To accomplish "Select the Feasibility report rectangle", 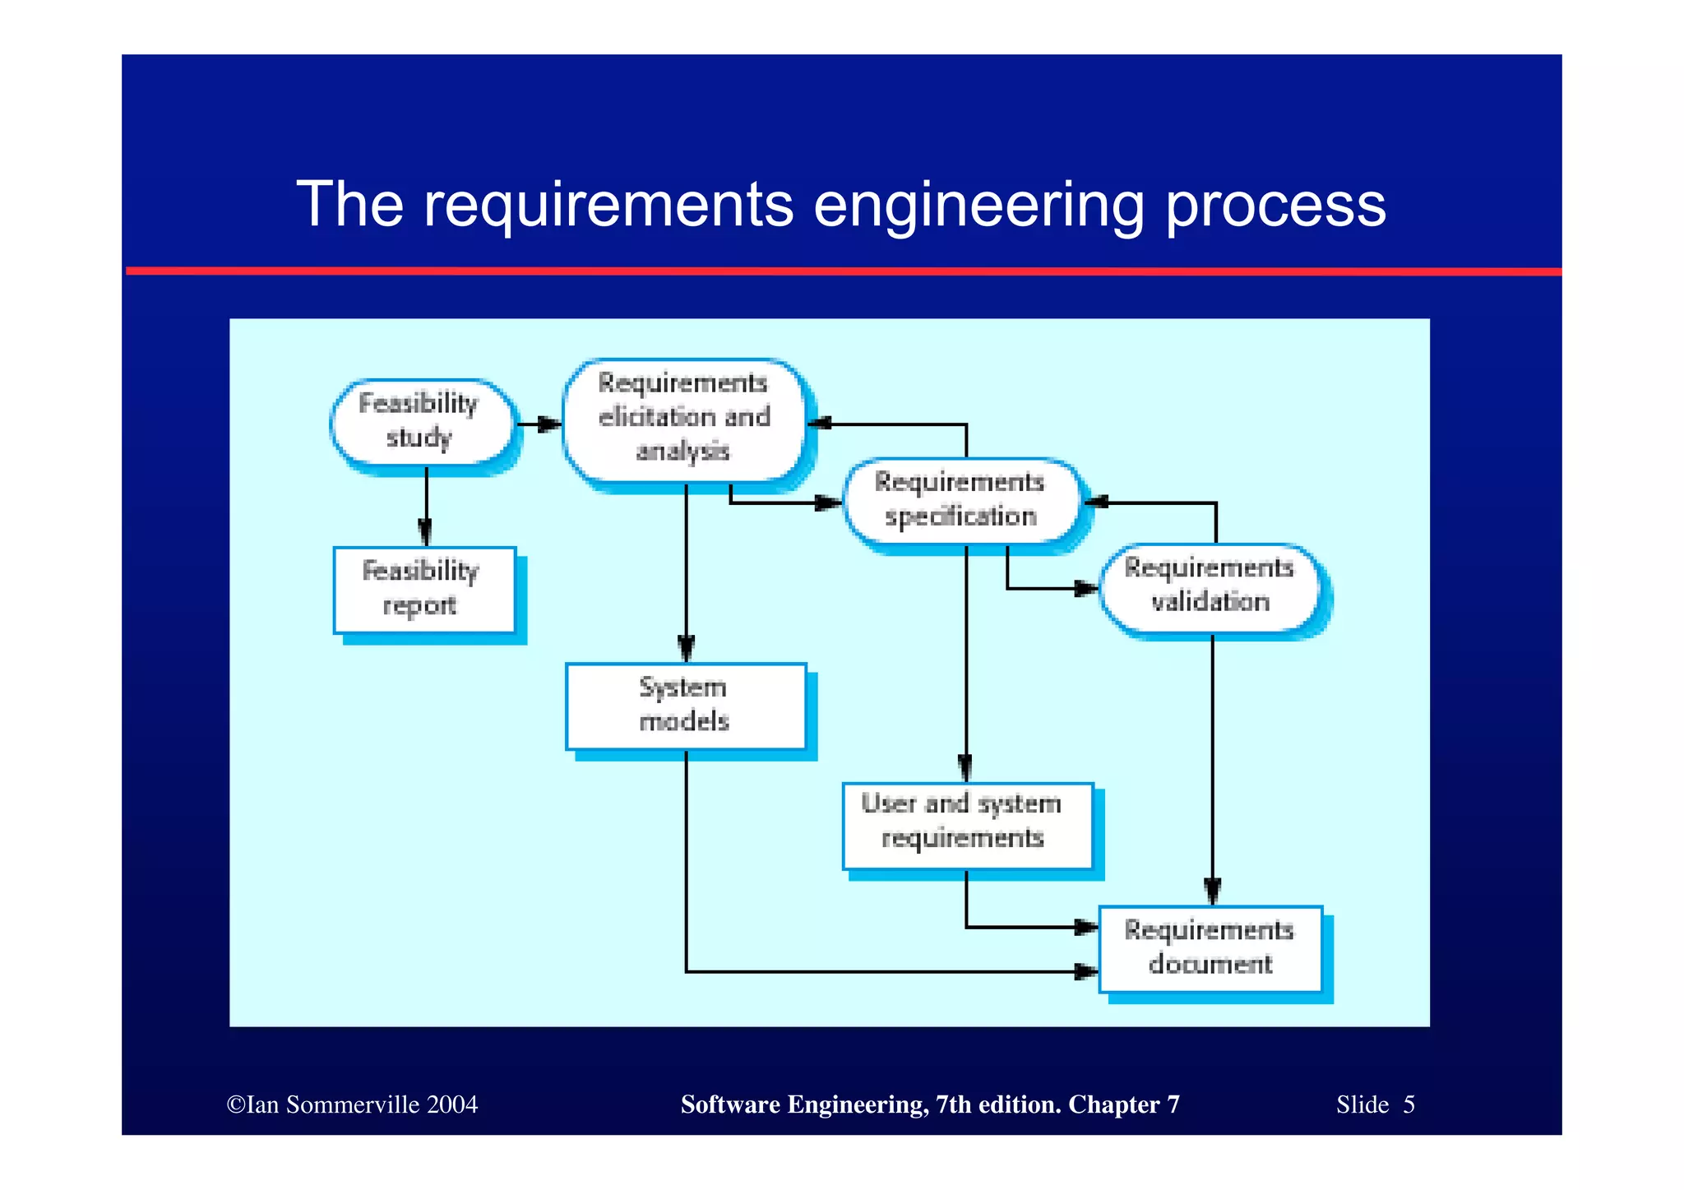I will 424,590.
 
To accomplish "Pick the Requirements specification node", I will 961,500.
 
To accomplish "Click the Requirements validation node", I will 1210,586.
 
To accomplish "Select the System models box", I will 686,706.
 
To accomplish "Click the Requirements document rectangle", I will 1210,948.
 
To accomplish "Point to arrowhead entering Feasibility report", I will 425,533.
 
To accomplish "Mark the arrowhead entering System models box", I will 686,648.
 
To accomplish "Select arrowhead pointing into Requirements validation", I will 1086,588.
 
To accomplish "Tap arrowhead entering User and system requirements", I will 965,768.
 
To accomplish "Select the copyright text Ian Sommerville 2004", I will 352,1104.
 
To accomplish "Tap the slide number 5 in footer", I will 1409,1104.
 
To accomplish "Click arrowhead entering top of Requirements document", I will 1212,891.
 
